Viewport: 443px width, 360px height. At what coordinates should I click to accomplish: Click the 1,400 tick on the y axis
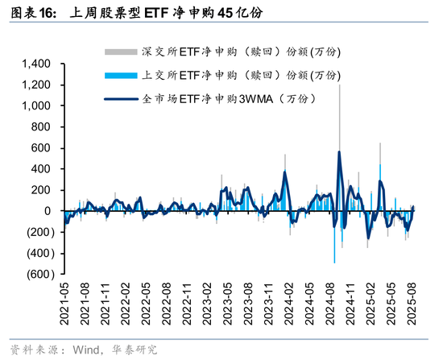pyautogui.click(x=37, y=64)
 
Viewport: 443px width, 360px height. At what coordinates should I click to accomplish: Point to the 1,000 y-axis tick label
pyautogui.click(x=37, y=106)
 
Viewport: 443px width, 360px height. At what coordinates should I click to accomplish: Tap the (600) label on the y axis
pyautogui.click(x=39, y=274)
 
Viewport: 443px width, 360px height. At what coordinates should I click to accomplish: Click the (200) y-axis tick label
pyautogui.click(x=39, y=232)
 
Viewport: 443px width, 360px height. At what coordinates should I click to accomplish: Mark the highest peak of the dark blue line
pyautogui.click(x=339, y=151)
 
